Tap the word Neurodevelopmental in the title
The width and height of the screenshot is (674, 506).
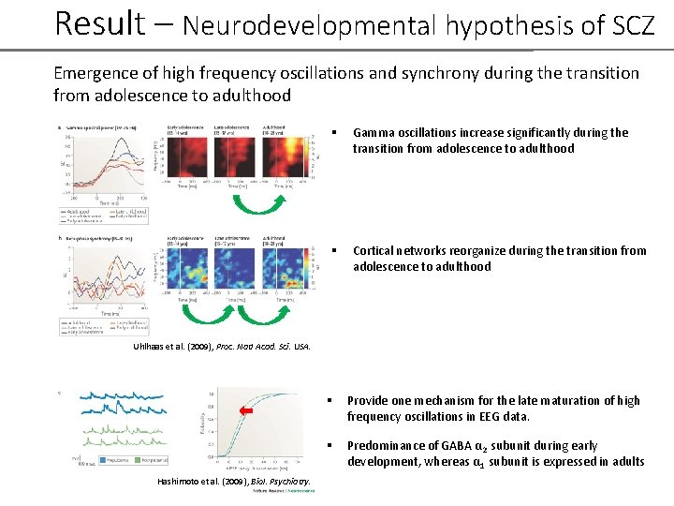point(309,25)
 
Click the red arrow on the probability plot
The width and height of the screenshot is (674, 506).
point(246,411)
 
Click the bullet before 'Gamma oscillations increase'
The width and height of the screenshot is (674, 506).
point(334,133)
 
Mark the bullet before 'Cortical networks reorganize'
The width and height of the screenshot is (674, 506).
point(334,251)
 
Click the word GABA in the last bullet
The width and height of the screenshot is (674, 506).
point(441,446)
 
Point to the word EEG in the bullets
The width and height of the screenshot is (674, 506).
point(479,416)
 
